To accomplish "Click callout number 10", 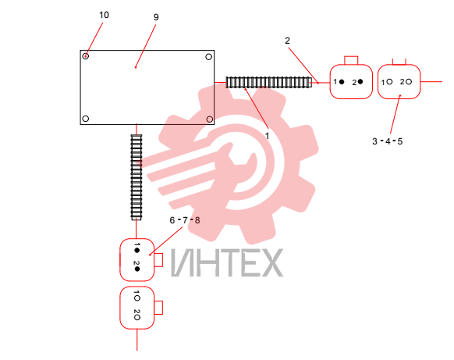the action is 104,15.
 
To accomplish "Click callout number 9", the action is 156,17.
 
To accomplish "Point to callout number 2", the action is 287,41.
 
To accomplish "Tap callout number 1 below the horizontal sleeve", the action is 267,136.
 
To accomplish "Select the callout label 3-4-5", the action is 388,141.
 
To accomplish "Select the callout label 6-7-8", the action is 185,220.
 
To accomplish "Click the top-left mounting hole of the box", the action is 85,56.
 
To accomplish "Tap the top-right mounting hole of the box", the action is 209,57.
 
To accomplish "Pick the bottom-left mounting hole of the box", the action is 85,119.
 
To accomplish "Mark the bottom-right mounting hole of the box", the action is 210,119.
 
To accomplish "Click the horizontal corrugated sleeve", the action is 269,82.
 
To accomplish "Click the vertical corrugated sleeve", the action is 137,177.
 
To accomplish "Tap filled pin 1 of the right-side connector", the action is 342,82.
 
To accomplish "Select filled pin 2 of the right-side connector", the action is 360,82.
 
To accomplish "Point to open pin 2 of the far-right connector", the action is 409,82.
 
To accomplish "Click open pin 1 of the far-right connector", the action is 389,82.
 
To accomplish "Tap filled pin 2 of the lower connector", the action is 137,269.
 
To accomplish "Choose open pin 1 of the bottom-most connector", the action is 137,298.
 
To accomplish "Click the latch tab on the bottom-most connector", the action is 158,308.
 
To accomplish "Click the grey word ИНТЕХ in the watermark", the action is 227,262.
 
